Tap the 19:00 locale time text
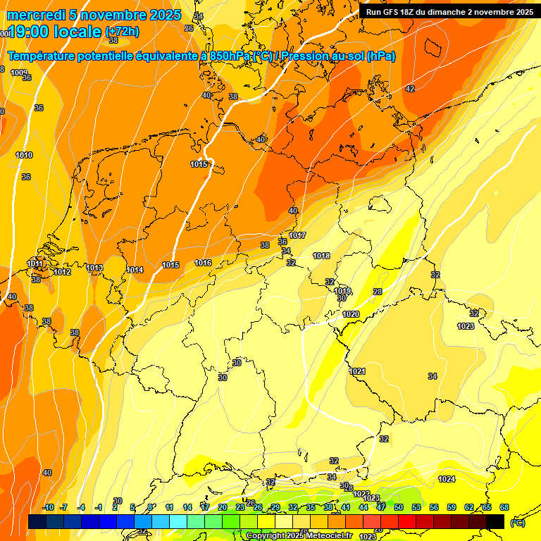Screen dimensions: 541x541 (x=54, y=32)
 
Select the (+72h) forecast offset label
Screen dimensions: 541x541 (x=122, y=32)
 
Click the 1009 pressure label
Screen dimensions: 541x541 (x=19, y=73)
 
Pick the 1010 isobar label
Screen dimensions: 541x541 (x=24, y=155)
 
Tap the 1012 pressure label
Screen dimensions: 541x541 (x=62, y=272)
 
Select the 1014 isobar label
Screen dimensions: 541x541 (x=135, y=270)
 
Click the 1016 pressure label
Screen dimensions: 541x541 (x=203, y=263)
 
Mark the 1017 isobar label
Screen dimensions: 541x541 (x=297, y=235)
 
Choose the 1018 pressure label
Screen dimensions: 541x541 (x=322, y=256)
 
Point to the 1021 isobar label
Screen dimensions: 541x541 (x=357, y=371)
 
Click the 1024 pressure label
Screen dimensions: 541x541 (x=447, y=479)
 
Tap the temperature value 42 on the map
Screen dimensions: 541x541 (x=410, y=89)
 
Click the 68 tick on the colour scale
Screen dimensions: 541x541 (x=504, y=507)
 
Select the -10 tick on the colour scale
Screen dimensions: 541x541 (x=48, y=507)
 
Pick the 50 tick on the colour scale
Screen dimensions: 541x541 (x=399, y=507)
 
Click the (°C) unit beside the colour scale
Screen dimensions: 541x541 (x=518, y=522)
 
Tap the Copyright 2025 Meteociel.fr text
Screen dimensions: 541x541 (x=299, y=536)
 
